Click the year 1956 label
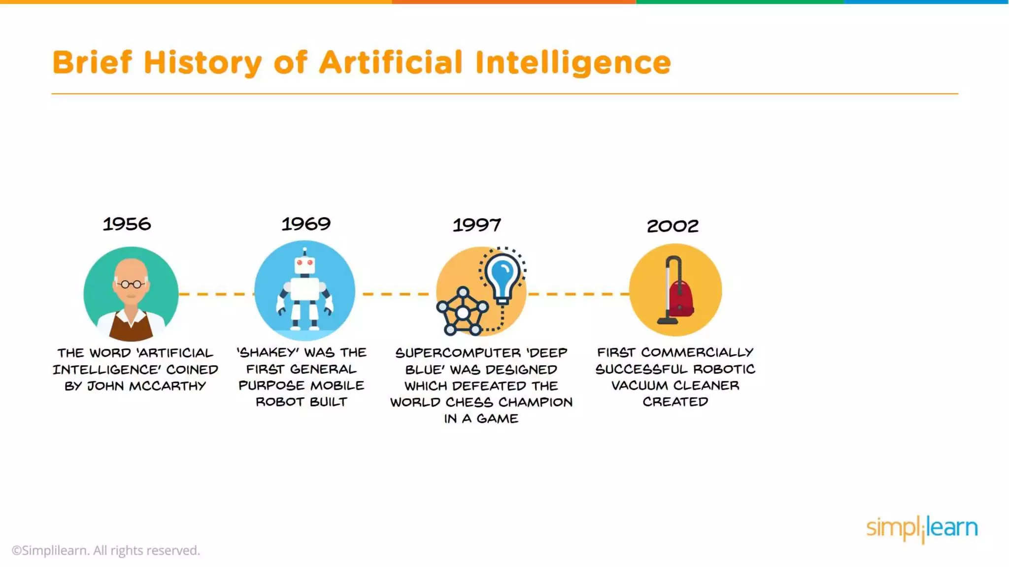coord(127,224)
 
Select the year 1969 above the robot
coord(306,224)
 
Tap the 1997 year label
coord(476,225)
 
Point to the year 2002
coord(673,226)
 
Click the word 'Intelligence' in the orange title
coord(573,63)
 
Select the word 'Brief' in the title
coord(92,63)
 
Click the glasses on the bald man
coord(131,284)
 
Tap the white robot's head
coord(304,265)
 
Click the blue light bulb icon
coord(502,275)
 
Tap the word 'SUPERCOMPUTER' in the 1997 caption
coord(458,353)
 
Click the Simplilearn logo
coord(922,529)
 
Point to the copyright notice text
coord(106,550)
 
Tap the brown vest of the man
coord(131,328)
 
